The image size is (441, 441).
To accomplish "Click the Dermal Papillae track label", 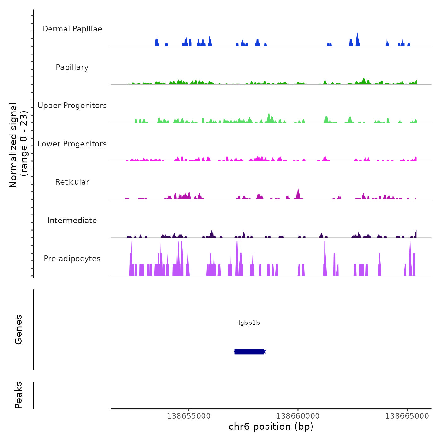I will (72, 29).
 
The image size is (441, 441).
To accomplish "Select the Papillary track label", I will (72, 67).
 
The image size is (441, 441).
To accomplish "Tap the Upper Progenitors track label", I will (72, 106).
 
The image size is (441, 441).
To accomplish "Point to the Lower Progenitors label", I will (72, 144).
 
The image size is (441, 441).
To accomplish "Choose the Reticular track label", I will (72, 182).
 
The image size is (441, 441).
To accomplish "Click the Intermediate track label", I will (72, 220).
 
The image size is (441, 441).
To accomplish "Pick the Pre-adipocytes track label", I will (72, 259).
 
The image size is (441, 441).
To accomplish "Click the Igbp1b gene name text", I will (249, 323).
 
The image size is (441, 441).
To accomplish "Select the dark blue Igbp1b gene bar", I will (249, 352).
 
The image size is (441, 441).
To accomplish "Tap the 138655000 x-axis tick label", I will (189, 416).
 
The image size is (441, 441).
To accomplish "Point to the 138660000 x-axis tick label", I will (298, 416).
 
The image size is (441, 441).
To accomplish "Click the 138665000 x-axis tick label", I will (407, 416).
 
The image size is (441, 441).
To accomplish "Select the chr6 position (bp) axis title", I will (271, 427).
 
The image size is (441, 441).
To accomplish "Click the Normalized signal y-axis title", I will (19, 145).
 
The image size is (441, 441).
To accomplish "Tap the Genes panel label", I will (19, 329).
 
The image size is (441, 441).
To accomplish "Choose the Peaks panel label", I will (19, 395).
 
